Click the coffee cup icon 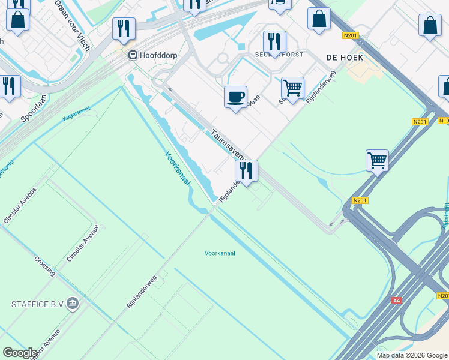click(x=235, y=96)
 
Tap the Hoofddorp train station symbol click(x=133, y=55)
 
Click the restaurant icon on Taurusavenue click(x=246, y=170)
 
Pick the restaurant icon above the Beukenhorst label click(x=274, y=41)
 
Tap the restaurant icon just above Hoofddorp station click(x=124, y=28)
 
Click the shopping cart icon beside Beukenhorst click(x=292, y=88)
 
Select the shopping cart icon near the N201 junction click(x=377, y=160)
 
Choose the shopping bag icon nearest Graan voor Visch click(x=18, y=19)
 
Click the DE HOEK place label click(x=341, y=56)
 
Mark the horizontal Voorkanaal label click(x=220, y=253)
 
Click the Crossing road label click(x=45, y=266)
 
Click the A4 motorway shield click(x=396, y=300)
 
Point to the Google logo click(x=20, y=353)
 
